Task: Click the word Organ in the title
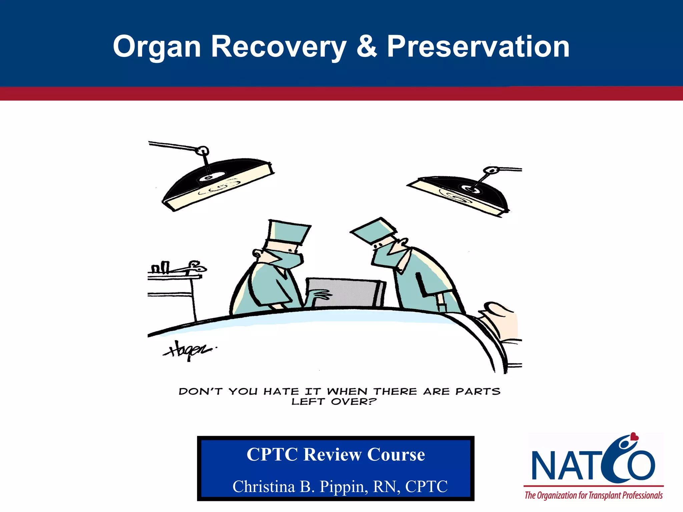click(157, 47)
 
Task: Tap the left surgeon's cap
click(288, 232)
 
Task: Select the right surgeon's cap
click(374, 230)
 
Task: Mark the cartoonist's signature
click(188, 350)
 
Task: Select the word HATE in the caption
click(281, 391)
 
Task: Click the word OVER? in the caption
click(354, 402)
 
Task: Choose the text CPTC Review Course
click(335, 454)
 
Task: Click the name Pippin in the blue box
click(344, 486)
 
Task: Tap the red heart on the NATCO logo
click(634, 436)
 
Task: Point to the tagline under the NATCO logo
click(594, 495)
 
